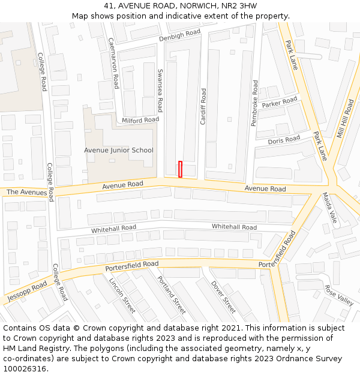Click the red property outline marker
(180, 169)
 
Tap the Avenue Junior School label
(118, 151)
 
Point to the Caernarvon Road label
(112, 64)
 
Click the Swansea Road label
(160, 90)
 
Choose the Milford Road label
(140, 120)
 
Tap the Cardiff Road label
(203, 106)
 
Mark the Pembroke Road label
(254, 103)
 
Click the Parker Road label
(280, 103)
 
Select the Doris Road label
(284, 140)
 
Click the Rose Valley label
(339, 295)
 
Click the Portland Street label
(172, 295)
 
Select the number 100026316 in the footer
(26, 368)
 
